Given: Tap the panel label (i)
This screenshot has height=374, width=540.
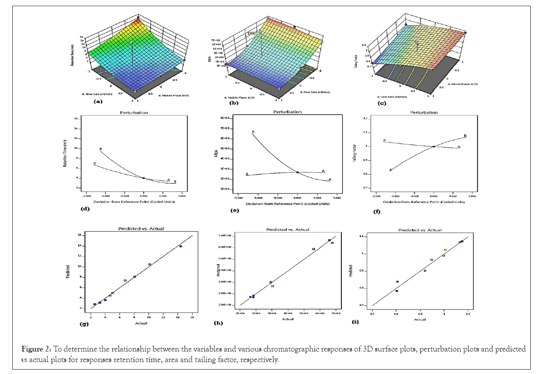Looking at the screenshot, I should [355, 322].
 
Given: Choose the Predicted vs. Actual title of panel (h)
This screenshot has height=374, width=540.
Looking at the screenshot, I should [288, 230].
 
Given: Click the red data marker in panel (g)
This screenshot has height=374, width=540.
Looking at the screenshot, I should [181, 246].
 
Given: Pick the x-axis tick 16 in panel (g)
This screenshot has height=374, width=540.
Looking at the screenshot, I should [192, 317].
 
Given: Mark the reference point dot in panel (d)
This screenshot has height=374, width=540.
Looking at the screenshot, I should [144, 178].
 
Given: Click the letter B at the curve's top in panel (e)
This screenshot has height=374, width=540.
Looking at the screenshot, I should [253, 132].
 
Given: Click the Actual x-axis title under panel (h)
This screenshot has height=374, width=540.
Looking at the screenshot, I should [288, 319].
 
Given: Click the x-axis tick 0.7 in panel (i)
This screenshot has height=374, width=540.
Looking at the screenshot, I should [373, 315].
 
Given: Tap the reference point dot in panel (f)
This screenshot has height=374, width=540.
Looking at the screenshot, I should [434, 147].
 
